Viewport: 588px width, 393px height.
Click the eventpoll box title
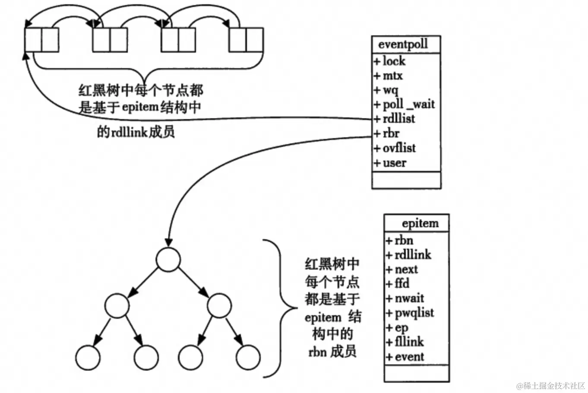(403, 44)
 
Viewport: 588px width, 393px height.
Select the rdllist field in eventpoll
(398, 119)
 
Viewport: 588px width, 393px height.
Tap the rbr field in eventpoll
(391, 133)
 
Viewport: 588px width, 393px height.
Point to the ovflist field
(399, 148)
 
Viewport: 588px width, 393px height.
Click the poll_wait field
(408, 104)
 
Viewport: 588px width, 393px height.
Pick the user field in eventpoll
(394, 163)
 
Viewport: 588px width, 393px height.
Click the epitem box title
(420, 223)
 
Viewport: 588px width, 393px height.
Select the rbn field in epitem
(404, 240)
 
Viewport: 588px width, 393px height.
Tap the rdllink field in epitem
(413, 255)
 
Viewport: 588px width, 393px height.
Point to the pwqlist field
(414, 313)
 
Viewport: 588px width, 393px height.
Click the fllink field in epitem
(409, 342)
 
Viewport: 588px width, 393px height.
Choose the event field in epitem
(409, 357)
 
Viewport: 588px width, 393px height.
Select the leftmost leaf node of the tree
(88, 357)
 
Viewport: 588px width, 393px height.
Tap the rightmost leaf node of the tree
(248, 357)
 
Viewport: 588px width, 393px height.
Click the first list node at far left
(41, 40)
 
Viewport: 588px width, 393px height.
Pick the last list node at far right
(246, 40)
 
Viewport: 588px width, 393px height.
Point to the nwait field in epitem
(409, 298)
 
